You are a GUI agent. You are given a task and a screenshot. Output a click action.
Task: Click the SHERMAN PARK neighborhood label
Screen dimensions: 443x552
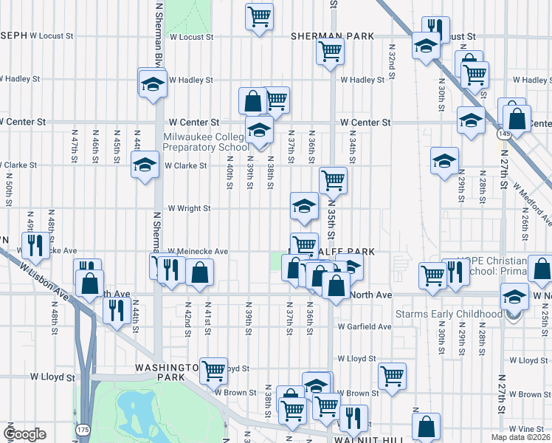[332, 36]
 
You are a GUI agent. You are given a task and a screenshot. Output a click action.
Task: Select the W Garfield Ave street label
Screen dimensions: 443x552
[364, 326]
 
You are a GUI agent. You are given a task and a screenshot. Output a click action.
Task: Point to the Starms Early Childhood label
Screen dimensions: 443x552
[459, 315]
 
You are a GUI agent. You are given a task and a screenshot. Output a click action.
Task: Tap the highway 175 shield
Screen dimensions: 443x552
[80, 428]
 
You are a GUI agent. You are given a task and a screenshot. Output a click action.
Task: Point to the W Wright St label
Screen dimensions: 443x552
[190, 209]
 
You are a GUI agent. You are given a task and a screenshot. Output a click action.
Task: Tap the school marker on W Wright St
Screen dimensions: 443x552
[304, 207]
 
